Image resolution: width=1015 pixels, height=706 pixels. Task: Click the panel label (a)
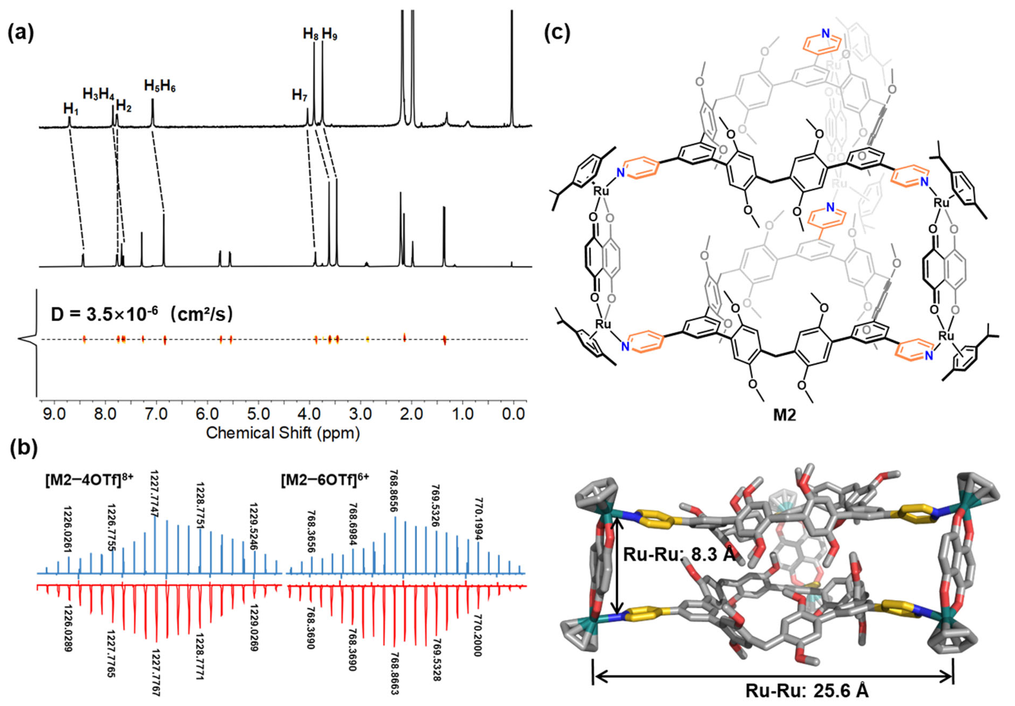point(21,34)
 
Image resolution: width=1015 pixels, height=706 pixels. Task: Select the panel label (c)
point(558,34)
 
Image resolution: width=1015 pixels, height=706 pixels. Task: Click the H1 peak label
point(71,109)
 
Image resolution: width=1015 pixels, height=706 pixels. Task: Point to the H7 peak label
point(299,95)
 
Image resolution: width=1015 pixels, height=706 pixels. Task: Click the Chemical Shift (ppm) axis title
point(283,433)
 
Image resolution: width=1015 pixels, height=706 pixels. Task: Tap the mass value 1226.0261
point(68,529)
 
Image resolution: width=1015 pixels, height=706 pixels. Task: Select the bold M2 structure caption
point(784,416)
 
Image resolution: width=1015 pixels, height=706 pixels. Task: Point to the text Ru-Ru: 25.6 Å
point(807,691)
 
